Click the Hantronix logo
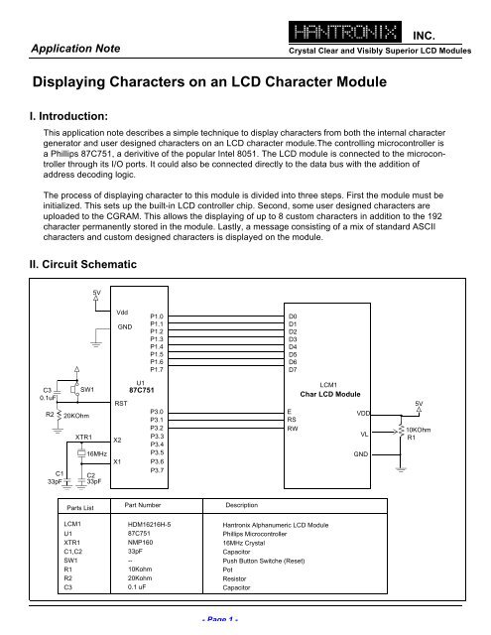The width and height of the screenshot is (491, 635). point(345,32)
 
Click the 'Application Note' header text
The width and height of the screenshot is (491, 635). point(75,49)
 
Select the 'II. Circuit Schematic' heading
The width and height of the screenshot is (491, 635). point(83,265)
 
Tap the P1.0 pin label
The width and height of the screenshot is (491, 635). point(157,317)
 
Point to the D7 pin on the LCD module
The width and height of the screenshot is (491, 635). point(293,370)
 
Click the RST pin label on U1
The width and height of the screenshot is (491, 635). point(121,404)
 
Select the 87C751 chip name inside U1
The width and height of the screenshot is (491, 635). point(141,390)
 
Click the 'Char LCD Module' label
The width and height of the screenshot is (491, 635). point(330,394)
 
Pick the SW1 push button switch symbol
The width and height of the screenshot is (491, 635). point(75,390)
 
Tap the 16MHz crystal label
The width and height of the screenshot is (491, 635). point(97,454)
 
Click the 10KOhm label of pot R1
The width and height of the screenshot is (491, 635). point(419,430)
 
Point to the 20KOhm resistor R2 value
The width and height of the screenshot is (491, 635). point(76,416)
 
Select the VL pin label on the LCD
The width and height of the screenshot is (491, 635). point(364,435)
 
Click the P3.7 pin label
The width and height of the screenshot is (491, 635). point(157,470)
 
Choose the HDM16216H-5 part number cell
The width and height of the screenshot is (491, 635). point(149,525)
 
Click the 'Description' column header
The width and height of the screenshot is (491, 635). point(242,505)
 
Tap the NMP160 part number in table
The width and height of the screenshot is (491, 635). point(140,543)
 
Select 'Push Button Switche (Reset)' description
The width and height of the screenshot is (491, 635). point(264,561)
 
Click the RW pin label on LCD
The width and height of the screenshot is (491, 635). point(293,429)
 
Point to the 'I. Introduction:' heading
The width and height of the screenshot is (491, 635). point(68,116)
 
